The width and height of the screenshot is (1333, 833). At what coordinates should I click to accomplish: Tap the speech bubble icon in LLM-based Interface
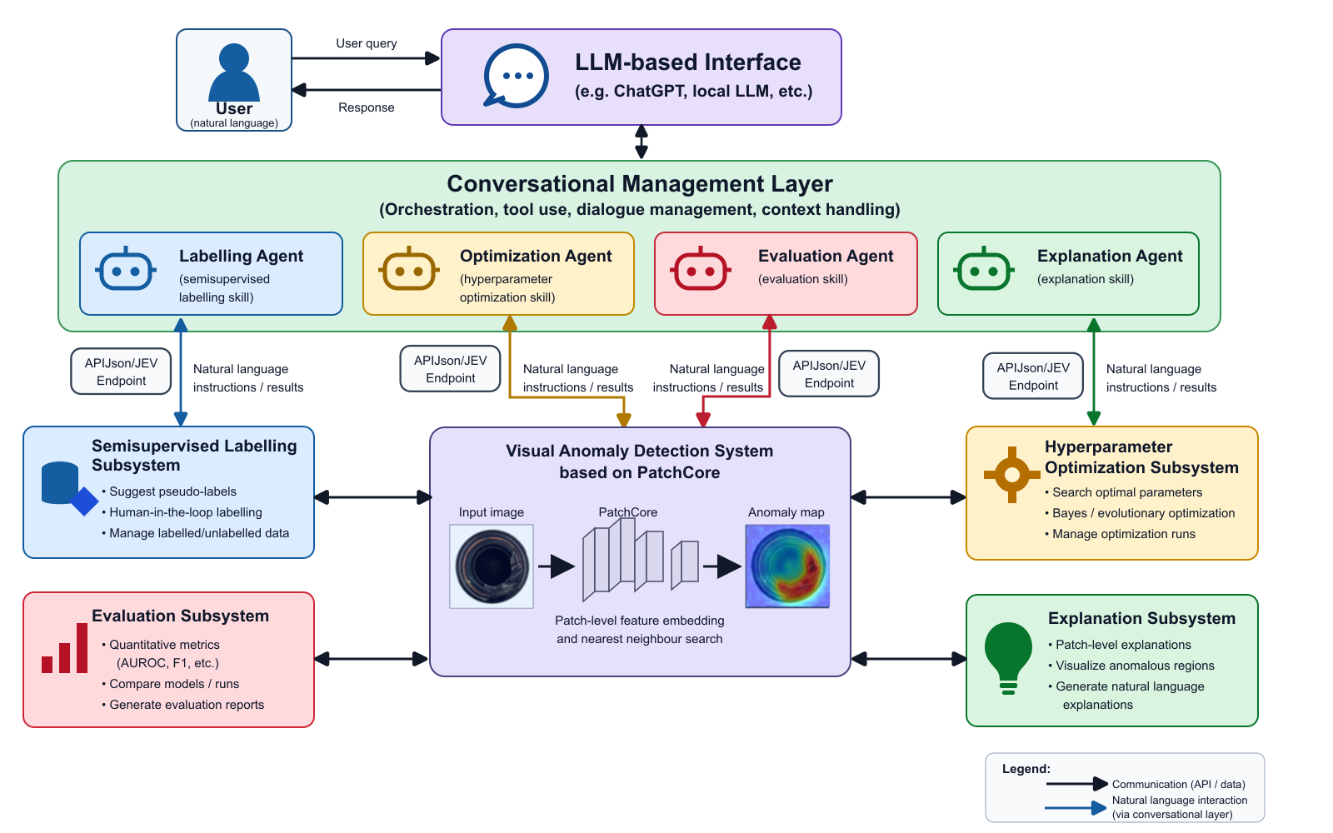click(x=516, y=76)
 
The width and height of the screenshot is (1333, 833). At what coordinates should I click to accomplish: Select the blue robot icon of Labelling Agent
click(x=126, y=268)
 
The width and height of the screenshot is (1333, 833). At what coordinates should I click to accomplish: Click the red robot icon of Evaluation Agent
click(x=701, y=268)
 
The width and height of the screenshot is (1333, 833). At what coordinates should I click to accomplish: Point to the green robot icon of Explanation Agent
click(x=984, y=268)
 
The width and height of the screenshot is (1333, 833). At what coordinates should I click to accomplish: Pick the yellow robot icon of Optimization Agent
click(x=409, y=268)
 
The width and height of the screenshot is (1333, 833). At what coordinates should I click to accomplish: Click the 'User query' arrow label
click(x=366, y=43)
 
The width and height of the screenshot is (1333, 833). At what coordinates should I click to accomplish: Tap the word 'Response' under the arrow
click(x=366, y=107)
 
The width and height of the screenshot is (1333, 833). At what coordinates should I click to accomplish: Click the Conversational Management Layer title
click(x=640, y=184)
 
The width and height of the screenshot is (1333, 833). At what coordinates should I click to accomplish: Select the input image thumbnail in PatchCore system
click(x=492, y=566)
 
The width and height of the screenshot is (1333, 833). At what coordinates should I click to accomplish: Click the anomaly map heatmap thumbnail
click(x=787, y=566)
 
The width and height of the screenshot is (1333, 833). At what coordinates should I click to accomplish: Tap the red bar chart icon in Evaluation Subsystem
click(x=64, y=649)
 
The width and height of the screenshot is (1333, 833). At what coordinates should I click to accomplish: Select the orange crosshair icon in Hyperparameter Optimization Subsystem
click(x=1012, y=475)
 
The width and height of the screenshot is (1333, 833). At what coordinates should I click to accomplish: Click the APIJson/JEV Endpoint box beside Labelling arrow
click(x=121, y=372)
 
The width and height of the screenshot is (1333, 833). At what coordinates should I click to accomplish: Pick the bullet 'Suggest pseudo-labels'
click(x=169, y=491)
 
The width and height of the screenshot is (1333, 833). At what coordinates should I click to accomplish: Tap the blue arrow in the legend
click(x=1076, y=808)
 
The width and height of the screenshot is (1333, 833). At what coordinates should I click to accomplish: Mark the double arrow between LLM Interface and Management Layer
click(x=641, y=142)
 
